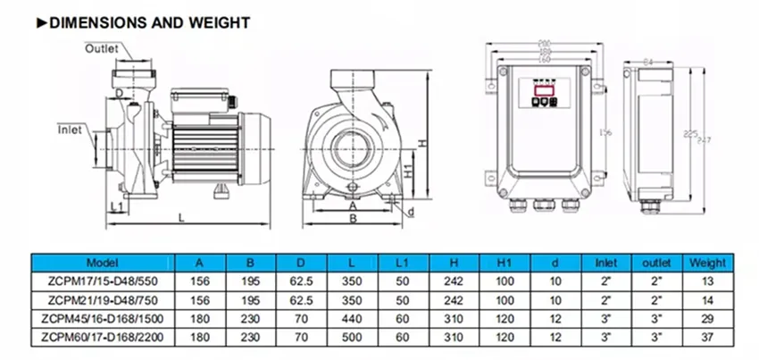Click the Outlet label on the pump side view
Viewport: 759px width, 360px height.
click(x=101, y=48)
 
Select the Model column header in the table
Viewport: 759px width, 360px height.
click(x=101, y=264)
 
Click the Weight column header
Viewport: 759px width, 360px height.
click(x=705, y=264)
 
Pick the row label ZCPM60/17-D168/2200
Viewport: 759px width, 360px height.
click(x=101, y=337)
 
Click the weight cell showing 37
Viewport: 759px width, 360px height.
click(x=705, y=337)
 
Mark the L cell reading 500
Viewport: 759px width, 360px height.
click(x=351, y=337)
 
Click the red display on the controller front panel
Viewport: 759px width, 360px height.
click(x=543, y=89)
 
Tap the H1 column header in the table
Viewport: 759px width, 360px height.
click(x=505, y=264)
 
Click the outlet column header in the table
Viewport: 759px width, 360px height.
click(x=657, y=264)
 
